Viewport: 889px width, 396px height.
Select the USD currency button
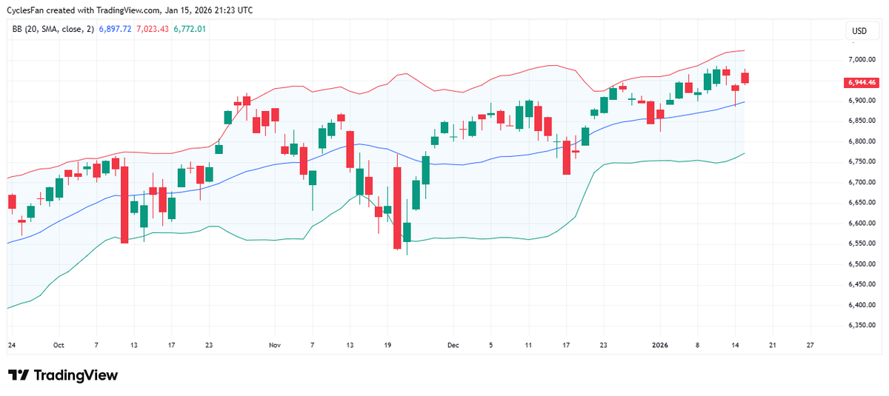click(x=859, y=31)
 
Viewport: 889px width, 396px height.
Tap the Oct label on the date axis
click(x=59, y=345)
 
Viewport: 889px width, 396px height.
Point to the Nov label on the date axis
click(x=275, y=345)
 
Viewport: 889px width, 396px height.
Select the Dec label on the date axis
click(x=453, y=345)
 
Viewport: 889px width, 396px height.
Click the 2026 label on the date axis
click(x=660, y=345)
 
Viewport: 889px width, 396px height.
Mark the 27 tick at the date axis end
click(x=810, y=345)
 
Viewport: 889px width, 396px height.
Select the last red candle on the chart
click(x=745, y=78)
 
